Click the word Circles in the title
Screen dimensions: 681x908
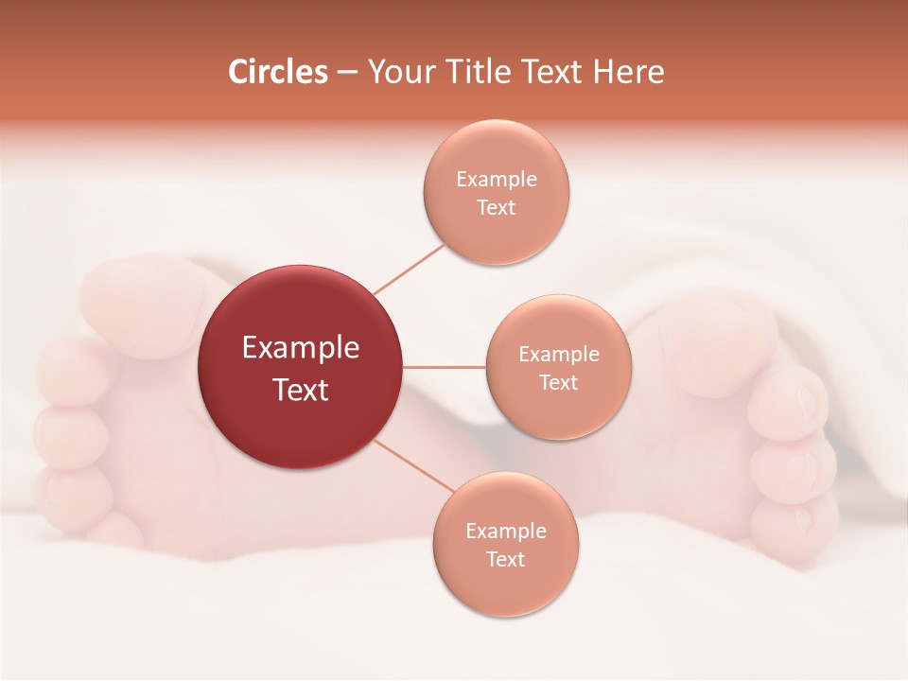[x=277, y=72]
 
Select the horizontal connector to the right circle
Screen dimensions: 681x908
[x=444, y=367]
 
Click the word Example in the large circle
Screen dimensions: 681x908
[x=300, y=348]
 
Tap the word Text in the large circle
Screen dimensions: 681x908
[x=300, y=390]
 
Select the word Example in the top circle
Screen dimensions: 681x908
[x=496, y=180]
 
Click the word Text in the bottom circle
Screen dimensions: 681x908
[x=505, y=559]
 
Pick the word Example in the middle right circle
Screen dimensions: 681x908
[x=558, y=355]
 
